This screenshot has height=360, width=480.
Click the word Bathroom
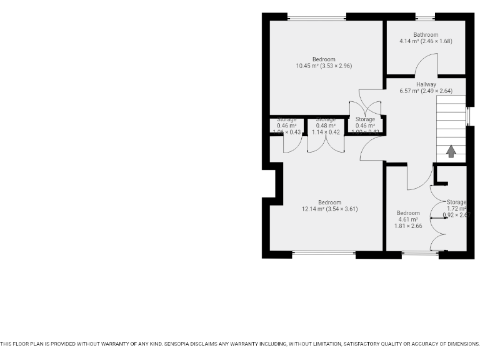pos(426,35)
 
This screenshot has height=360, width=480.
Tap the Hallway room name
pos(426,84)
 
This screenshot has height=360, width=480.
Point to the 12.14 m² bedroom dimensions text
pos(329,209)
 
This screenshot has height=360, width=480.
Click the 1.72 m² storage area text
pos(457,208)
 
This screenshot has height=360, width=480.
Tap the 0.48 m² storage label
pos(326,126)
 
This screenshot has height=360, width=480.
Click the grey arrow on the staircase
pos(451,151)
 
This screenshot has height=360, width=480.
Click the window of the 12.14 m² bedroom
pos(324,254)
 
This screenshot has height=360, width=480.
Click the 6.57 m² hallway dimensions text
pos(426,91)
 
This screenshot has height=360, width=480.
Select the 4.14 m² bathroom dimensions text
pos(426,41)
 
